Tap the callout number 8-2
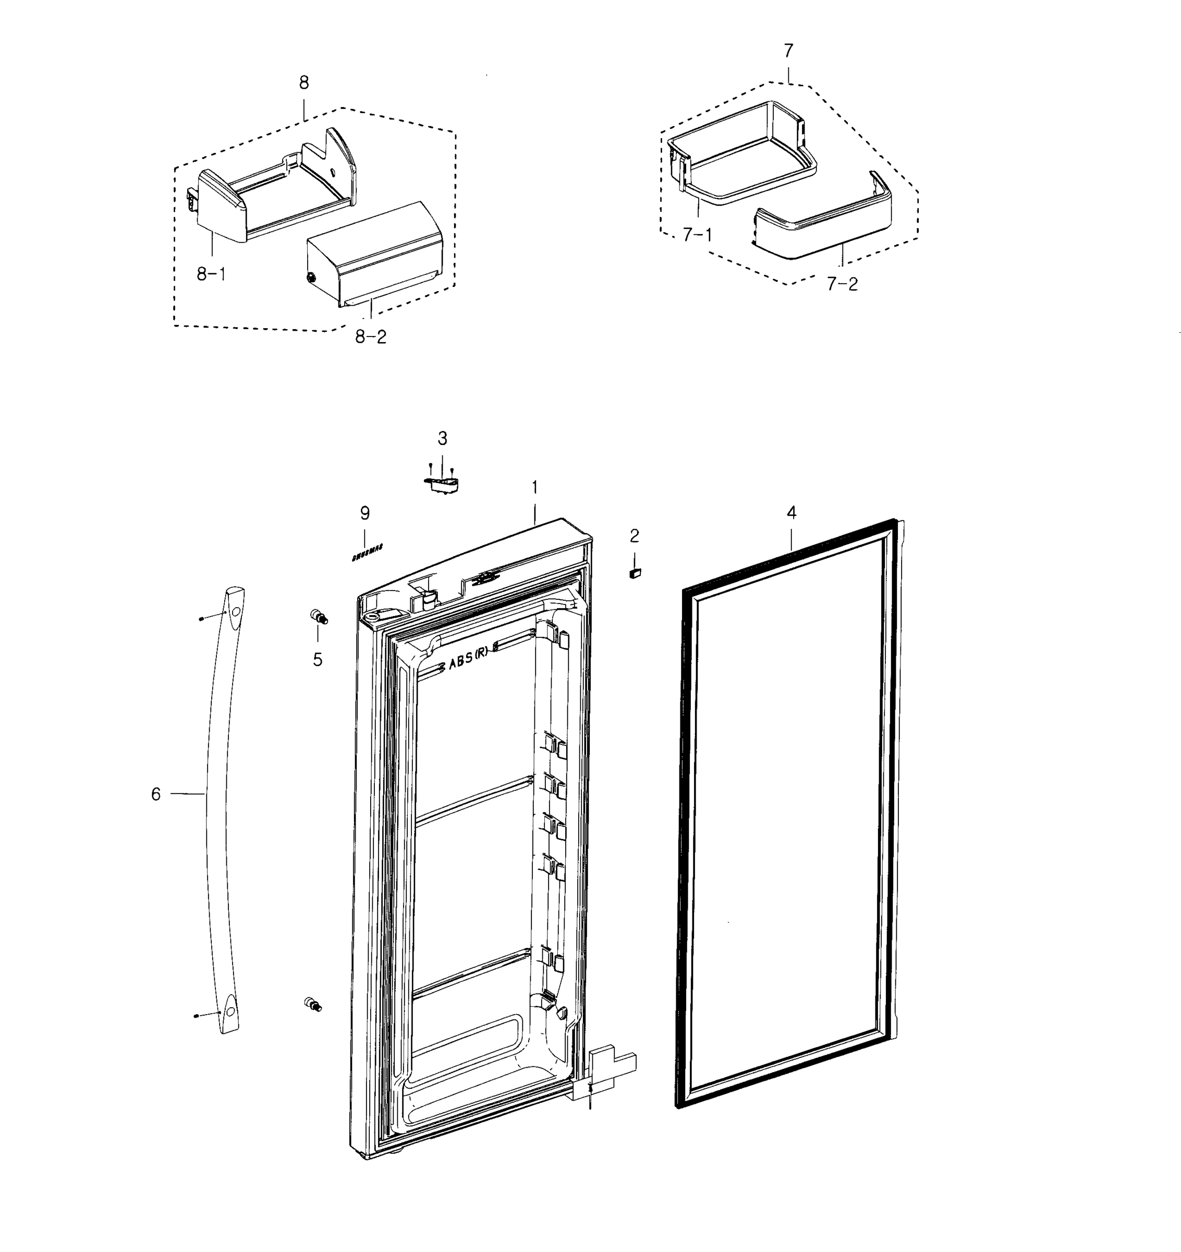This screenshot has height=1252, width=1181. [371, 337]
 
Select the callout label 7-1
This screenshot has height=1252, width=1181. [698, 235]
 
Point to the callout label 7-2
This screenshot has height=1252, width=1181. [842, 285]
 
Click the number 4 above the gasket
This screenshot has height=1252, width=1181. [792, 513]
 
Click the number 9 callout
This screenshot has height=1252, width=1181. [365, 513]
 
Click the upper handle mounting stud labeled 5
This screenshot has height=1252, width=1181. [319, 617]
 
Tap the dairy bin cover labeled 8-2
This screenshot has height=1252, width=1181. [378, 252]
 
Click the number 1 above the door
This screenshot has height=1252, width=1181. [534, 487]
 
